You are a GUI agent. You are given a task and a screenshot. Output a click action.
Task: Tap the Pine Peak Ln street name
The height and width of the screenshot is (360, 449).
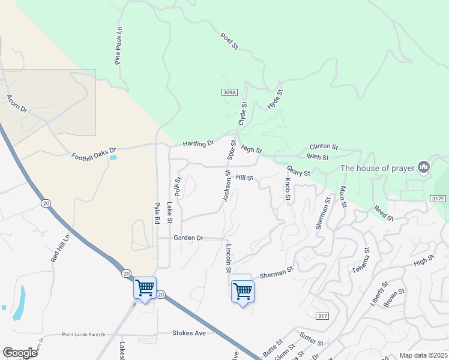click(x=118, y=46)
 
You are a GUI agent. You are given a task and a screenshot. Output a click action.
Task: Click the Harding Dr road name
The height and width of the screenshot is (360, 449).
click(x=199, y=144)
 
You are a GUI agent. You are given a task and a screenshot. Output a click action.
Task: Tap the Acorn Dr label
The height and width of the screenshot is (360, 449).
click(x=17, y=103)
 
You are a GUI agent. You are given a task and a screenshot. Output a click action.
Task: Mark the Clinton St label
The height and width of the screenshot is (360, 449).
click(x=324, y=146)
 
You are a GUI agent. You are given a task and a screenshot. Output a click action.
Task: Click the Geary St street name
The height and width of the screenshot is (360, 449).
click(x=298, y=172)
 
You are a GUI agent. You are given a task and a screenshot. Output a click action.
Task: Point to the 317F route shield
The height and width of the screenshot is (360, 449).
click(x=439, y=199)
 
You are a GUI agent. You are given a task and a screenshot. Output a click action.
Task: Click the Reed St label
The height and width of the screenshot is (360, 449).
click(x=383, y=213)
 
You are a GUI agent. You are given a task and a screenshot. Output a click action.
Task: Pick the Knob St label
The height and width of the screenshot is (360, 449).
click(x=288, y=189)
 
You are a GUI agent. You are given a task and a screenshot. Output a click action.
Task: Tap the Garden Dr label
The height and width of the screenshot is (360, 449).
click(x=189, y=238)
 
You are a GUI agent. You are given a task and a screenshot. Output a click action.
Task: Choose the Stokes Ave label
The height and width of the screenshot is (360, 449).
click(x=189, y=332)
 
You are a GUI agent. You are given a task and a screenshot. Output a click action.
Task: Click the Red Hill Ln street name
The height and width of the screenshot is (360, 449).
click(x=61, y=247)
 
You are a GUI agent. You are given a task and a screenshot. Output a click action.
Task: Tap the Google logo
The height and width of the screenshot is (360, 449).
click(x=20, y=353)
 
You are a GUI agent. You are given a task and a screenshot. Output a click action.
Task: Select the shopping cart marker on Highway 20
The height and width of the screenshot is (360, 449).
click(x=145, y=288)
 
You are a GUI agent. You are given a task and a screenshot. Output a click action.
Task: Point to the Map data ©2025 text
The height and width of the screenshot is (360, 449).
click(x=423, y=355)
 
